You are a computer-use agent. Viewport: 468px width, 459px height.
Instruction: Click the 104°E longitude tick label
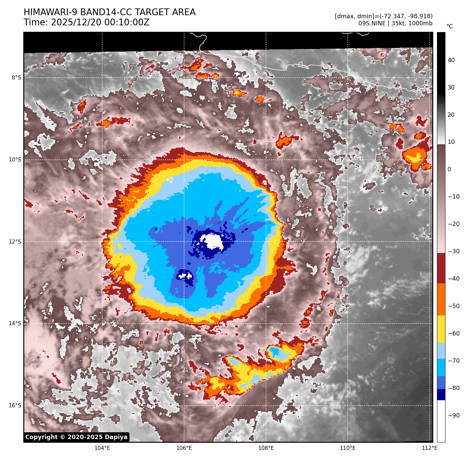[102, 448]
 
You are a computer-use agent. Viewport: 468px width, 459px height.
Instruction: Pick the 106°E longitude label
[184, 448]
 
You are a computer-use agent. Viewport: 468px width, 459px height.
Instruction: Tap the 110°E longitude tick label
[348, 448]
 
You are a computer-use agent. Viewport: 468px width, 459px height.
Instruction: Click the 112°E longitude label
[430, 448]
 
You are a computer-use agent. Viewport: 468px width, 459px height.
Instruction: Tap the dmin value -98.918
[418, 16]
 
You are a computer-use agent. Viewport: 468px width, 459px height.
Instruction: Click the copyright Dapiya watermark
[77, 437]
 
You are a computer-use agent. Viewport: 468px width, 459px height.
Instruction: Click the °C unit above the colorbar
[449, 26]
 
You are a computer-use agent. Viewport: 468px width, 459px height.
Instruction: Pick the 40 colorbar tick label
[451, 60]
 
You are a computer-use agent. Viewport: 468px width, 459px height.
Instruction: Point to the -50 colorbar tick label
[454, 306]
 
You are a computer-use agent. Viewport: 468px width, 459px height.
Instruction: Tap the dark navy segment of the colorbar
[441, 394]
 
